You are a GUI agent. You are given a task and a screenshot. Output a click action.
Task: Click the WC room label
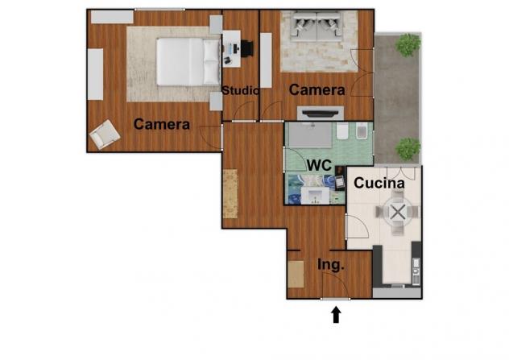320,165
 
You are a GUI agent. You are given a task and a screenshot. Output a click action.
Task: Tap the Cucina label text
379,183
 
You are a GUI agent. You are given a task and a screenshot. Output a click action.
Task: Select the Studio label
241,90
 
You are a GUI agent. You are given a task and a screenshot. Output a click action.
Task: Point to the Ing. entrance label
331,265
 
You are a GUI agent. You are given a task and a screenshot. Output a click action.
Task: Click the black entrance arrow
336,315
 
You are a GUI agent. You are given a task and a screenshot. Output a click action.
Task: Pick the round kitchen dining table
397,213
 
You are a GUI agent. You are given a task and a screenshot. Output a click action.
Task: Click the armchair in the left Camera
105,134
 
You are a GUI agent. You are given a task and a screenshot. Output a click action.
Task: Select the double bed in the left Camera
188,62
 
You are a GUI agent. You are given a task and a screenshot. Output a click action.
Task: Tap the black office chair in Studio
246,48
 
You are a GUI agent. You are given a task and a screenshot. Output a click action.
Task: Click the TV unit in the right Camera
321,114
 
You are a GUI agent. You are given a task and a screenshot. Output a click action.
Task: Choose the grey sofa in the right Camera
317,27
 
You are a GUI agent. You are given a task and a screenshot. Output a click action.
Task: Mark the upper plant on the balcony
408,45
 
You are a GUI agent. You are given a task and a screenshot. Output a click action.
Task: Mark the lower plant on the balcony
408,149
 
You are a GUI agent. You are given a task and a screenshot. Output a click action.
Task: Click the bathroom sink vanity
315,196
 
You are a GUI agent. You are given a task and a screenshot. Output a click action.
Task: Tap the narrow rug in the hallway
230,193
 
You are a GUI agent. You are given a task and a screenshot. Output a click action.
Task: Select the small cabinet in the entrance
296,275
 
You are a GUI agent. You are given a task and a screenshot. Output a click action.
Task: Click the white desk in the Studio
231,48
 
